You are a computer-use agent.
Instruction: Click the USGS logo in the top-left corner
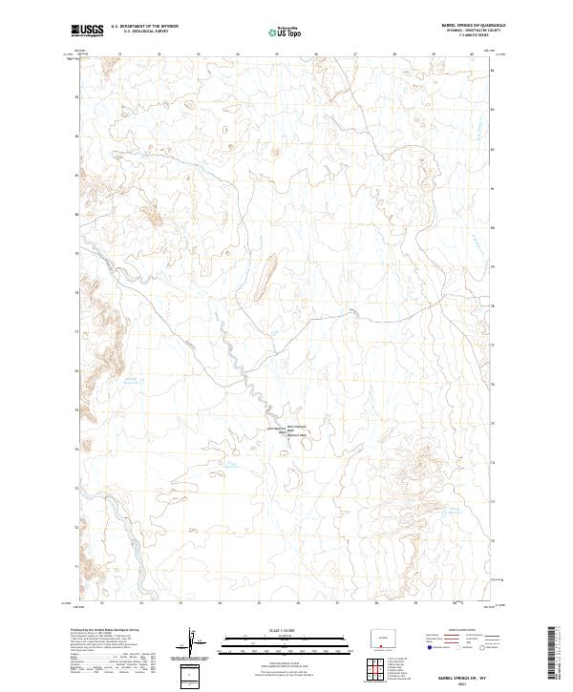point(87,31)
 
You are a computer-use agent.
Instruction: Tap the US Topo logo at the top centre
point(276,31)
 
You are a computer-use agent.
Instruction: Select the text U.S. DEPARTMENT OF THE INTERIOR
point(144,27)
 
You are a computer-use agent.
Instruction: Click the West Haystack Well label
point(298,427)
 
